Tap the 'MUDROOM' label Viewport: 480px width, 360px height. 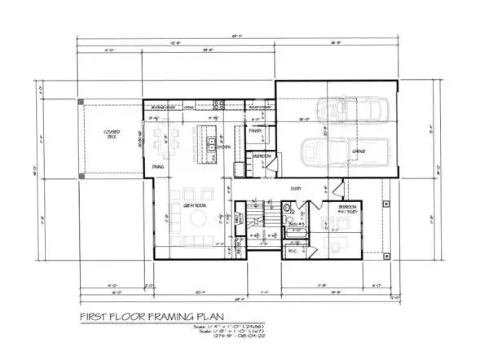click(x=262, y=154)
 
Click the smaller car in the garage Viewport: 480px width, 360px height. click(x=363, y=112)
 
